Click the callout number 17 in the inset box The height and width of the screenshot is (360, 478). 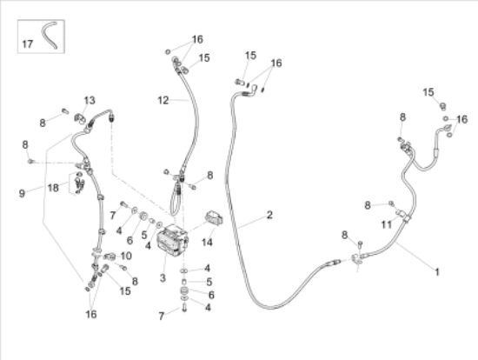pyautogui.click(x=27, y=44)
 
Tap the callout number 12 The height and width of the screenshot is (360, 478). pyautogui.click(x=163, y=100)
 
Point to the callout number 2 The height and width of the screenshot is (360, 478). pyautogui.click(x=269, y=215)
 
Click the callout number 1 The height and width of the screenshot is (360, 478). pyautogui.click(x=437, y=272)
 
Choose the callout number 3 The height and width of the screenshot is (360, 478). pyautogui.click(x=163, y=278)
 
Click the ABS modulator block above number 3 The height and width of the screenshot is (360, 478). pyautogui.click(x=173, y=240)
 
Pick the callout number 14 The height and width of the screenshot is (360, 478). pyautogui.click(x=207, y=243)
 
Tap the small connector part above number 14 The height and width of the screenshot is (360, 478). pyautogui.click(x=214, y=218)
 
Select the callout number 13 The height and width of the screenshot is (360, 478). pyautogui.click(x=90, y=100)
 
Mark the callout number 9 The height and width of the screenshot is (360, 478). pyautogui.click(x=22, y=193)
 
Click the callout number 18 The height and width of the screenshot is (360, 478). pyautogui.click(x=53, y=188)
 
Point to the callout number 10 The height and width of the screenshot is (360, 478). pyautogui.click(x=126, y=256)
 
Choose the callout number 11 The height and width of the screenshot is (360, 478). pyautogui.click(x=386, y=225)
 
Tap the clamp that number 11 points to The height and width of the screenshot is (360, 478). pyautogui.click(x=403, y=215)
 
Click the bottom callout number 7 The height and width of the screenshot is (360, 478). pyautogui.click(x=162, y=316)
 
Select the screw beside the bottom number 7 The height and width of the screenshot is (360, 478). pyautogui.click(x=184, y=308)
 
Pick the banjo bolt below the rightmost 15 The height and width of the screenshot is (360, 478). pyautogui.click(x=443, y=106)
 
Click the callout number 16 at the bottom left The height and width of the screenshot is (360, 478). pyautogui.click(x=91, y=314)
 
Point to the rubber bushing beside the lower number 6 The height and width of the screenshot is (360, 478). pyautogui.click(x=185, y=290)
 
